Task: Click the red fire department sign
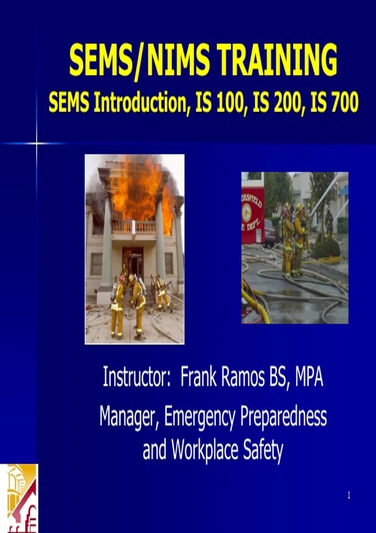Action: pyautogui.click(x=253, y=214)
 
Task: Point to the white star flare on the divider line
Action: pyautogui.click(x=37, y=143)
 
